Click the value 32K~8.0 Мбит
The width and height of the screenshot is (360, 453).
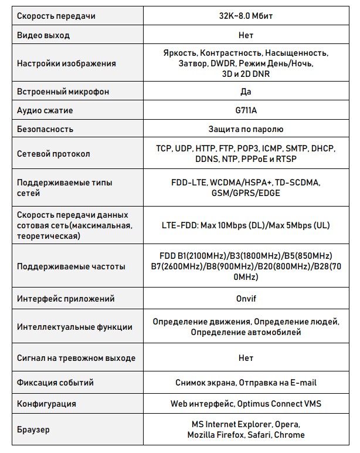(246, 16)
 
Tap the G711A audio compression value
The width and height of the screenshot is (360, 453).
(246, 110)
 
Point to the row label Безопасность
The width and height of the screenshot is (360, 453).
(45, 129)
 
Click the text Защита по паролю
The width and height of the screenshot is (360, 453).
(246, 129)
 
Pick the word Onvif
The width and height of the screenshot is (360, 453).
(246, 298)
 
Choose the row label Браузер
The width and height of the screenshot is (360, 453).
(33, 430)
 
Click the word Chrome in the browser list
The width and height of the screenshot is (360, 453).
(290, 435)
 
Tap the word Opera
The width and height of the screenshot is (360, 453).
(287, 424)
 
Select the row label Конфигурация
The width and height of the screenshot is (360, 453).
(46, 404)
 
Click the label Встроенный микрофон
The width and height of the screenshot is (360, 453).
(63, 92)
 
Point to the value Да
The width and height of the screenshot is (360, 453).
(246, 92)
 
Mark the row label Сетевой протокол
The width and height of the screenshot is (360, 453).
(53, 154)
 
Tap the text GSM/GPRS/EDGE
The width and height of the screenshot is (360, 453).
(246, 193)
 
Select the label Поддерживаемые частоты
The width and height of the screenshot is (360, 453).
(71, 266)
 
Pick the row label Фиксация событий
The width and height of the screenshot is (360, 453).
(56, 383)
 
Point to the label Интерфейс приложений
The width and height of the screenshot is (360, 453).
(66, 298)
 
